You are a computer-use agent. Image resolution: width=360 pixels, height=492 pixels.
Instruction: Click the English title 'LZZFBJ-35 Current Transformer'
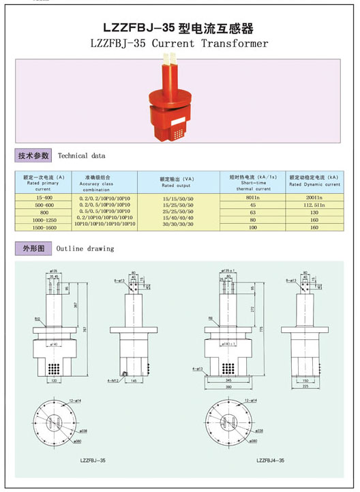[x=179, y=43]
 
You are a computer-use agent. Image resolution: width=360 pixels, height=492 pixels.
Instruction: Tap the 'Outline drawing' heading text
[x=85, y=248]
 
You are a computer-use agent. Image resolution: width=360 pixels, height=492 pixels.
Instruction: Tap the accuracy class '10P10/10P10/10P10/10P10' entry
[x=105, y=223]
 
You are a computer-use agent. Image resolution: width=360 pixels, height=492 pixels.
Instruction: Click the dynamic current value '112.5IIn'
[x=314, y=205]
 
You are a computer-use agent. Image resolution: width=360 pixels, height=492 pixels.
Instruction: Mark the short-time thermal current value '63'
[x=253, y=212]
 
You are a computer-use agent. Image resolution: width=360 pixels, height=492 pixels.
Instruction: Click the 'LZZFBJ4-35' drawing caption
[x=271, y=461]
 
